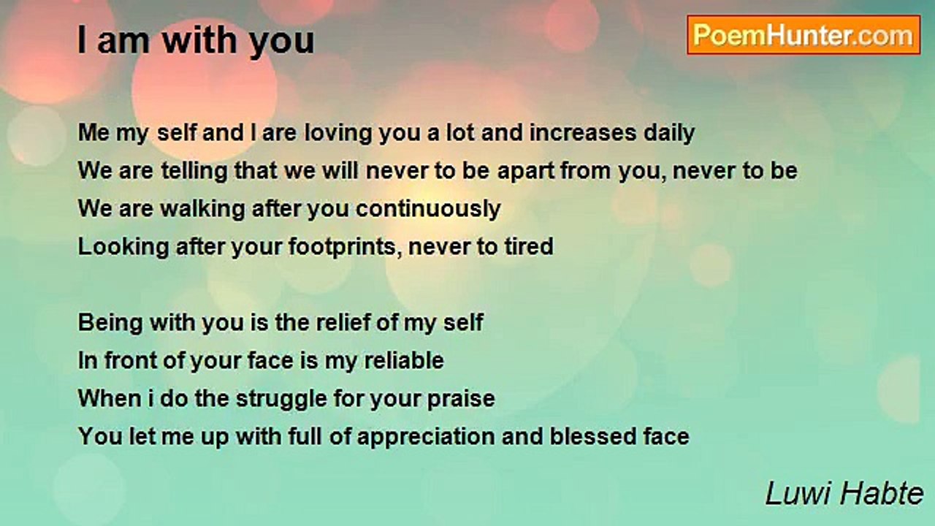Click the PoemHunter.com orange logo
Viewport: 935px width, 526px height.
pos(804,35)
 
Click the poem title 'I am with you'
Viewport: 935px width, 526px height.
pos(196,40)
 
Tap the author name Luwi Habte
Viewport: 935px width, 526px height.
pos(844,493)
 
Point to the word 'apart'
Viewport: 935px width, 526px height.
pos(526,172)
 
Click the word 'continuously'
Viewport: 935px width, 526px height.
pos(428,209)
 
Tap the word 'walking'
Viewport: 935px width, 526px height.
pos(202,209)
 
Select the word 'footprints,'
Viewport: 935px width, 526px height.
pos(345,247)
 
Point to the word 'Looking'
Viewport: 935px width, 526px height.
pos(123,247)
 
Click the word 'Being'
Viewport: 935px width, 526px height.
pos(110,324)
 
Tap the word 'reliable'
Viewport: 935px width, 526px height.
pos(404,361)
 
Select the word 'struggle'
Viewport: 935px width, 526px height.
pos(281,400)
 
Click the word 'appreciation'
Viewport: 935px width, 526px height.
pos(426,438)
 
